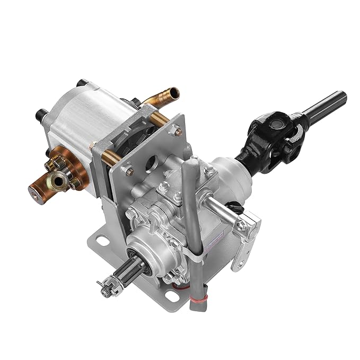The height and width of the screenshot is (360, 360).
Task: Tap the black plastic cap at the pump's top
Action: pyautogui.click(x=84, y=84)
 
